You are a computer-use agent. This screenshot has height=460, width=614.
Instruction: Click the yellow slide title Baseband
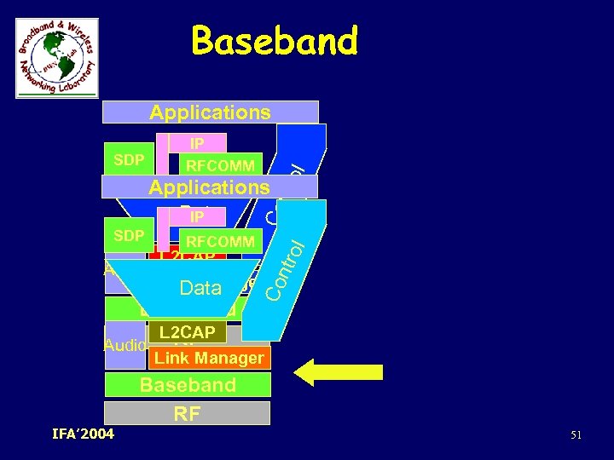275,41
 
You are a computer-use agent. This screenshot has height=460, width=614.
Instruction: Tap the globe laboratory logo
57,58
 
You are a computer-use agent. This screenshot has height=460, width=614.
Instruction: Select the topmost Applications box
210,112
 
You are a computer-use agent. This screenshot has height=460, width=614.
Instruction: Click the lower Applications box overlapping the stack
209,187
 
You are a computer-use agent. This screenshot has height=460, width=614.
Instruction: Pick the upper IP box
197,143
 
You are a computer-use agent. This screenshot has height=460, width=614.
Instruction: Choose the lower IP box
197,217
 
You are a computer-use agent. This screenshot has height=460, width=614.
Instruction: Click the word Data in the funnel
200,289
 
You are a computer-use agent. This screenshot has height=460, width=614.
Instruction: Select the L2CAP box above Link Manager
186,331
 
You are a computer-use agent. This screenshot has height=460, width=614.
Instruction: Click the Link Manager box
209,358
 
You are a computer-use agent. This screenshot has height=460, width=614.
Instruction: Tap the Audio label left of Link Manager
125,345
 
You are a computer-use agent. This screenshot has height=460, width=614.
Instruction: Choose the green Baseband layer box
188,385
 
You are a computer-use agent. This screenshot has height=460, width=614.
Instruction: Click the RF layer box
187,414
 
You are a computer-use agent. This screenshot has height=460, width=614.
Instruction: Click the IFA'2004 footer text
83,435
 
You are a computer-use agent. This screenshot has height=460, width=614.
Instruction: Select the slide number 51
576,436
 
